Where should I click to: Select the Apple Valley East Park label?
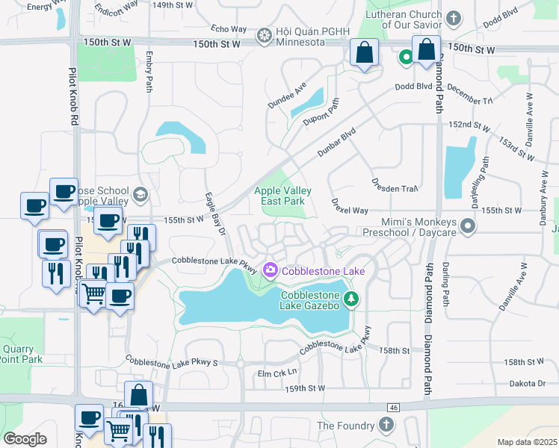click(282, 196)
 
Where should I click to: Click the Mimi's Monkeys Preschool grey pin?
click(468, 224)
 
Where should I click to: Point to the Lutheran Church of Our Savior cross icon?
click(453, 17)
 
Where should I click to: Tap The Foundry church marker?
click(386, 425)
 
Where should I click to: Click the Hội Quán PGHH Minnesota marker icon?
click(264, 35)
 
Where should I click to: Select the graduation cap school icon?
click(139, 196)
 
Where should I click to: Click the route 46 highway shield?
click(393, 407)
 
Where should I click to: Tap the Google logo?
click(25, 439)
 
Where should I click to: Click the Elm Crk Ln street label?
click(277, 372)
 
